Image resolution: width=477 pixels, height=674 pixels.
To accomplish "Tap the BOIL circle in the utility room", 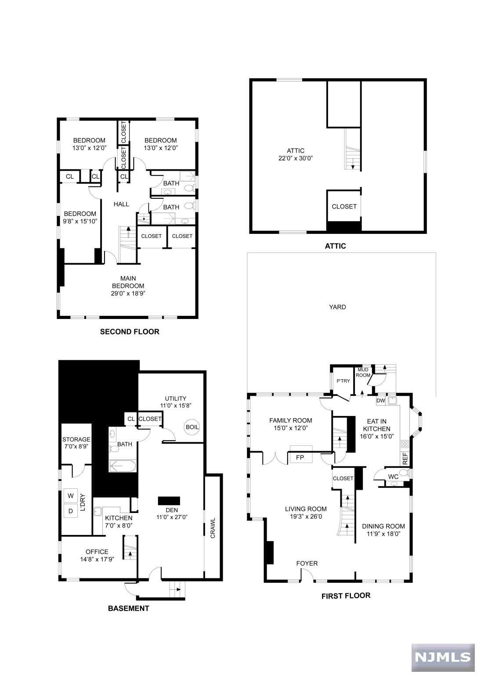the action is click(192, 427).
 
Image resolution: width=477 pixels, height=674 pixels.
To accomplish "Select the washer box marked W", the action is click(70, 496).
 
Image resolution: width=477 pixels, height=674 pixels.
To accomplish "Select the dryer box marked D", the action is click(70, 511).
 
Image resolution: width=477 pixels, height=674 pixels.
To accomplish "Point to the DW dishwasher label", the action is click(381, 401).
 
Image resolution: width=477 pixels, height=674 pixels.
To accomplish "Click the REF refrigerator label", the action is click(405, 458).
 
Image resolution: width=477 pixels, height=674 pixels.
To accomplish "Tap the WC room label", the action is click(393, 477).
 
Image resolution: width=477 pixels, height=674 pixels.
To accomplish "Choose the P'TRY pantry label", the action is click(343, 380).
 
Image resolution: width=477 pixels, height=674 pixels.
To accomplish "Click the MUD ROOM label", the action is click(363, 373).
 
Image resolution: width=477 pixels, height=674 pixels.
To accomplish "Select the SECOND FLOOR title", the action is click(130, 332).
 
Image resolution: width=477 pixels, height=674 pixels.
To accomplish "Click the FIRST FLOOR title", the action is click(346, 596).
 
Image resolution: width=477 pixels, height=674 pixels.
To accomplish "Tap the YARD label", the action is click(337, 307).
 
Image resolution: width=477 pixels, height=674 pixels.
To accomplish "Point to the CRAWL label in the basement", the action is click(213, 528).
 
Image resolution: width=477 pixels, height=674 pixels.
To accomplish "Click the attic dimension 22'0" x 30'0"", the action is click(296, 158).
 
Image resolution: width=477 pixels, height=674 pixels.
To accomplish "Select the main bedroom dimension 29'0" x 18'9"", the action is click(128, 294).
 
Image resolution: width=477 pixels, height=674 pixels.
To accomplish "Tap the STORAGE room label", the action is click(76, 439).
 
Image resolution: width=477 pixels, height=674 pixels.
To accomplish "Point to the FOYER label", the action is click(307, 563).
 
